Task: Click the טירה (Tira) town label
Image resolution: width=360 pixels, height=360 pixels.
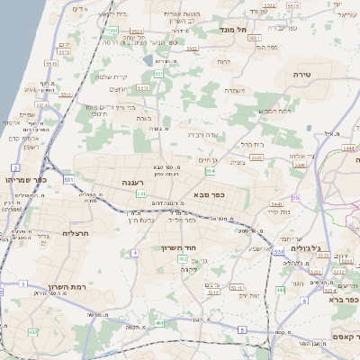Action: click(301, 75)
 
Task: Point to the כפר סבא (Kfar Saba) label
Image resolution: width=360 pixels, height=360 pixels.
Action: click(209, 194)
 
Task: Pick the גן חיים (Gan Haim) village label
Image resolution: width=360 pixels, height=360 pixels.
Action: click(210, 159)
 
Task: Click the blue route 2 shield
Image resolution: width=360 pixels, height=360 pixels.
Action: click(15, 168)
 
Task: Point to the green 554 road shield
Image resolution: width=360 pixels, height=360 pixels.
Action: click(211, 171)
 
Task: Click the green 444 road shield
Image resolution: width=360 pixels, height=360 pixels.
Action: click(281, 290)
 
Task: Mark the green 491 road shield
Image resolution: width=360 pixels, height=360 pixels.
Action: click(158, 322)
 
